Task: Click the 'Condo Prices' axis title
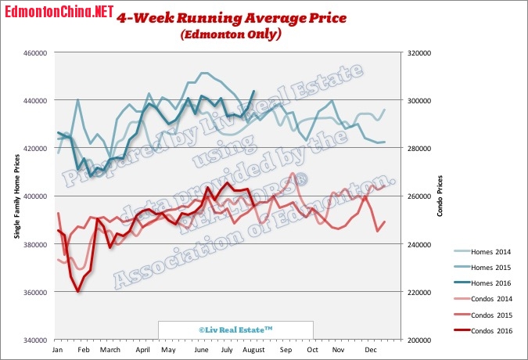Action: tap(440, 196)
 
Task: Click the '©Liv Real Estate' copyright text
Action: tap(235, 331)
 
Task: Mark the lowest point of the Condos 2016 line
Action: tap(77, 291)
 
